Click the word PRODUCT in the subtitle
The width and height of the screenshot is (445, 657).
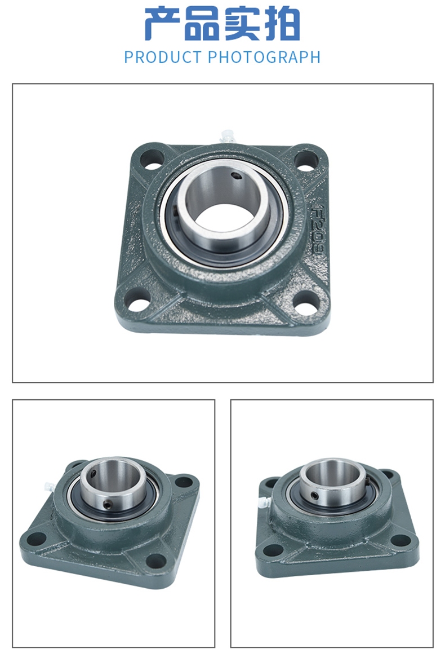coord(163,57)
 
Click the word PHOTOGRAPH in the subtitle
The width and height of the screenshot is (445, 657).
coord(265,57)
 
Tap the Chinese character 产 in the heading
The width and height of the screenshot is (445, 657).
coord(162,24)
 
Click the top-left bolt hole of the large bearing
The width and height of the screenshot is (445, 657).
coord(152,160)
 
